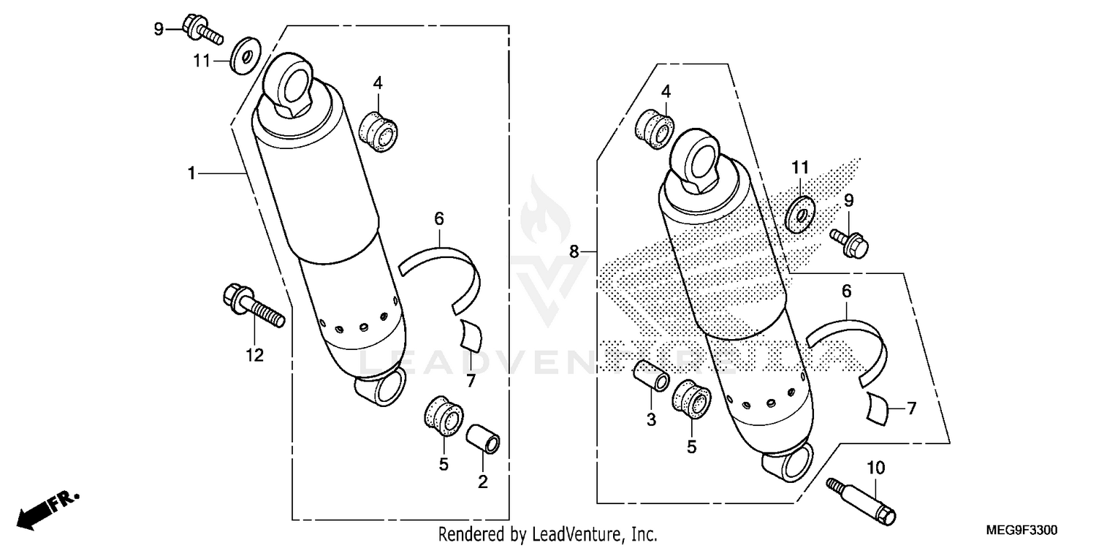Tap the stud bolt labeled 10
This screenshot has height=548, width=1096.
[x=863, y=501]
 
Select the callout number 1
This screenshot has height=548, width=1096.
[x=191, y=173]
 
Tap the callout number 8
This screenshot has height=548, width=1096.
[x=574, y=252]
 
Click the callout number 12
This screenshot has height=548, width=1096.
[x=254, y=356]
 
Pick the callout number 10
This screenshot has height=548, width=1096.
[x=876, y=466]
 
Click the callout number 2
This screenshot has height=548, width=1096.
[x=483, y=482]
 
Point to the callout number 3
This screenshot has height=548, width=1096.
[x=651, y=420]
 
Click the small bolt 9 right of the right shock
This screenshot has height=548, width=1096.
[x=849, y=243]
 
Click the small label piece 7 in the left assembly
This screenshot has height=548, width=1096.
[x=471, y=335]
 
